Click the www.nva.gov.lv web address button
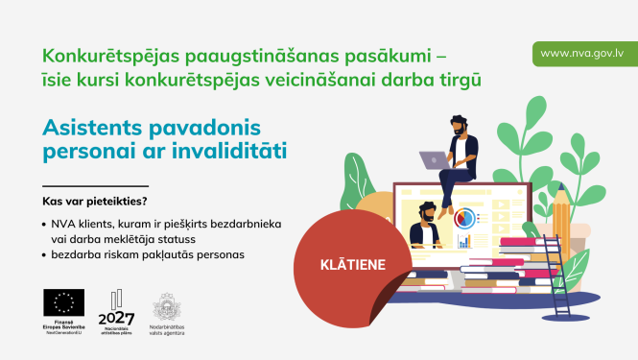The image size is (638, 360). click(584, 53)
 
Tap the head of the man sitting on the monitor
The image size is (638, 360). click(460, 127)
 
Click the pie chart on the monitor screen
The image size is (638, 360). click(465, 218)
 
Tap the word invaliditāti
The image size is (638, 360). click(231, 151)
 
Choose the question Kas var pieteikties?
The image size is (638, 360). click(94, 202)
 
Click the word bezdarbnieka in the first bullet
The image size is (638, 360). click(241, 223)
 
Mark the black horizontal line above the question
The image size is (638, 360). click(95, 185)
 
